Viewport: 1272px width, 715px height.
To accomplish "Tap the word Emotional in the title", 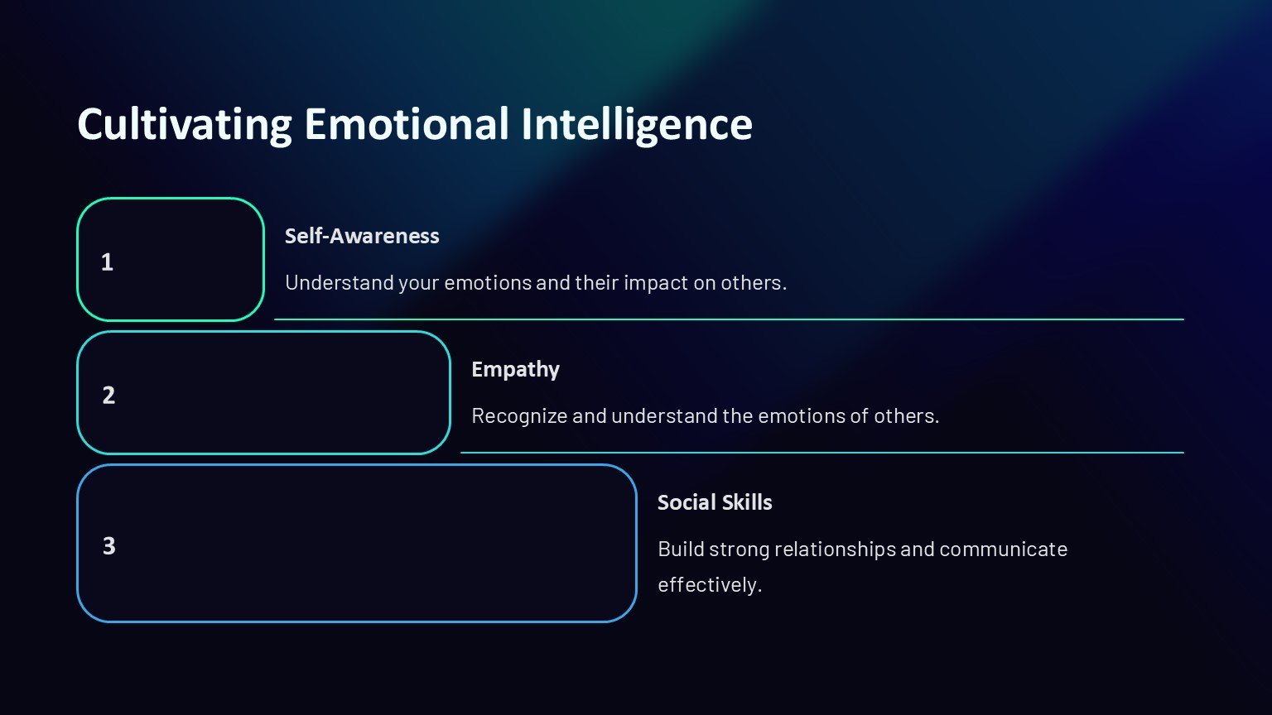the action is [x=407, y=123].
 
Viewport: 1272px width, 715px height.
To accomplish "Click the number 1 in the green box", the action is [x=107, y=262].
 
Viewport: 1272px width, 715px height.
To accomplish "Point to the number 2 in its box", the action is [x=108, y=395].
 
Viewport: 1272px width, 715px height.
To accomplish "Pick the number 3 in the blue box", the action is [x=108, y=546].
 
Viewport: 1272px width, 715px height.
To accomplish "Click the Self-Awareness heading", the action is [x=362, y=236].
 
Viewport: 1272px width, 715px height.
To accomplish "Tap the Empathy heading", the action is [x=516, y=370].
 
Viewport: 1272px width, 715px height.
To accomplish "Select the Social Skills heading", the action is [x=715, y=503].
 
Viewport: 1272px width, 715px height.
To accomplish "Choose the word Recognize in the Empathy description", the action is [x=519, y=416].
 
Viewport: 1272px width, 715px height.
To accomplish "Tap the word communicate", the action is [x=1004, y=549].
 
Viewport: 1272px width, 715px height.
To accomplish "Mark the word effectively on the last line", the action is [x=710, y=584].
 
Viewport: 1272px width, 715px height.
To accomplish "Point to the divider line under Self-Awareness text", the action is [x=729, y=319].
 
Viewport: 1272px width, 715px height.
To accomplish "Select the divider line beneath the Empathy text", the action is [x=822, y=453].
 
